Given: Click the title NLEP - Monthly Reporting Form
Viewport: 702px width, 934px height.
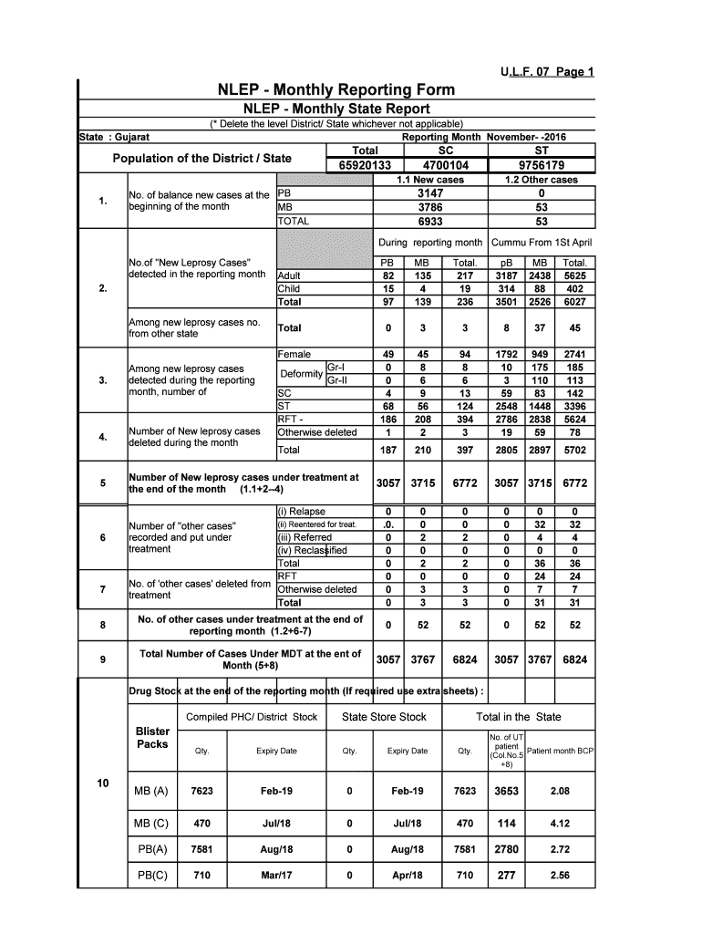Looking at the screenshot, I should click(x=335, y=90).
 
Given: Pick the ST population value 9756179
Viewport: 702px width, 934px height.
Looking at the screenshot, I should click(x=542, y=166).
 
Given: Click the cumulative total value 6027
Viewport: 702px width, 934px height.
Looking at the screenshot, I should click(x=575, y=302).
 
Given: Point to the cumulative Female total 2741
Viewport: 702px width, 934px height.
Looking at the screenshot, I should click(x=575, y=354).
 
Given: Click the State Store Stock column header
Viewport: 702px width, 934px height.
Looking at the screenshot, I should click(x=384, y=717).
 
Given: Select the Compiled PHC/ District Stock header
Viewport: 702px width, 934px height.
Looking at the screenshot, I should click(x=252, y=717).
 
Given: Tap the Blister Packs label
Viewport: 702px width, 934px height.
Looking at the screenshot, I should click(x=151, y=738).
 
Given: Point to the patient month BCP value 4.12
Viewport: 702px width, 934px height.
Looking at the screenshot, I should click(x=560, y=823).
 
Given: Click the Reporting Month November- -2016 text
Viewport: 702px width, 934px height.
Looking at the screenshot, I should click(x=484, y=136).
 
